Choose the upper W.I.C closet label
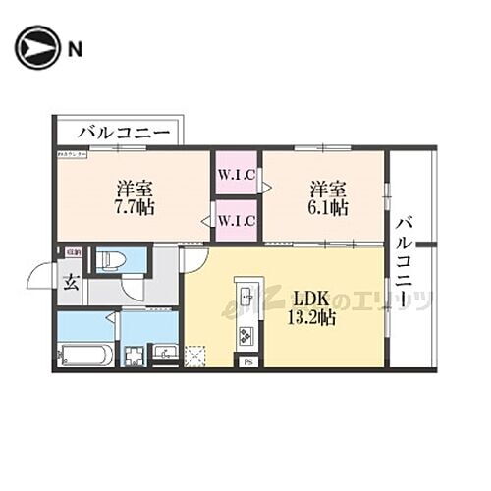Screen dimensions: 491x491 coord(237,177)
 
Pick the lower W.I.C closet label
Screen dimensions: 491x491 coord(237,221)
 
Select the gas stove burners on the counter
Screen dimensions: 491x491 coord(245,337)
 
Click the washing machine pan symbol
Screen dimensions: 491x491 coord(133,353)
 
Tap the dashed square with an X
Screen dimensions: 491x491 coord(194,353)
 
